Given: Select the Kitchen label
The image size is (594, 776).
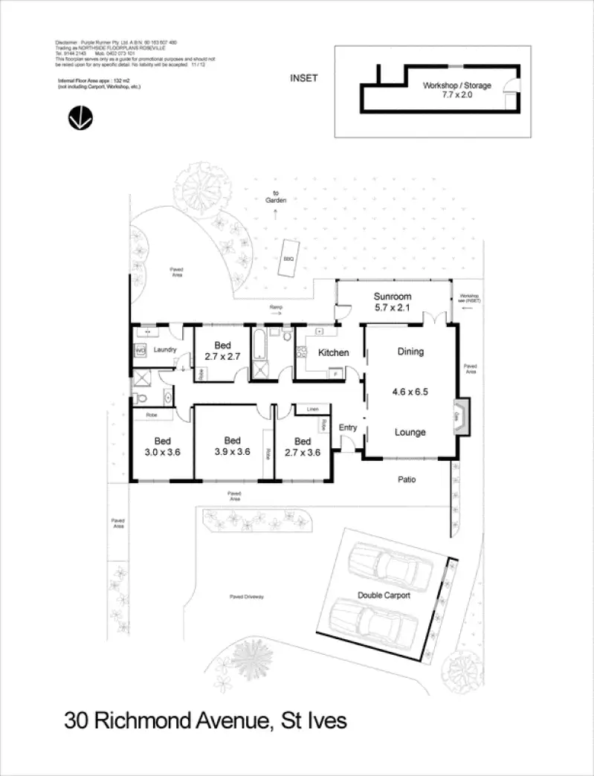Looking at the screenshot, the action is point(334,352).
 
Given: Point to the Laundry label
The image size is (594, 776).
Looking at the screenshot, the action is point(164,349).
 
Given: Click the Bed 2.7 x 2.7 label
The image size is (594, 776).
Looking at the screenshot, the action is point(222,351).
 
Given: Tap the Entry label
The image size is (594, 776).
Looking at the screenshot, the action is point(348,427).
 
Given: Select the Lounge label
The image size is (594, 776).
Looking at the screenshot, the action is point(410,432).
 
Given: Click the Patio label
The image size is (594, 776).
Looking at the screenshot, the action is point(405,479).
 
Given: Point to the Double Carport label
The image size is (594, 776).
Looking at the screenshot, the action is point(384,595).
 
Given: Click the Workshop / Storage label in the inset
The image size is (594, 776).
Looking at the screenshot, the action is point(457,90).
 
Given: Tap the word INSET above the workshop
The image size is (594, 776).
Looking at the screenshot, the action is point(303,78).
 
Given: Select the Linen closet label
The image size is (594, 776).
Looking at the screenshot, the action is point(312,409).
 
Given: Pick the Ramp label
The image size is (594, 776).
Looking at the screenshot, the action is point(276,306).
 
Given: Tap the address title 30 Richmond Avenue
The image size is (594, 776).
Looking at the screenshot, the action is point(205,720).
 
